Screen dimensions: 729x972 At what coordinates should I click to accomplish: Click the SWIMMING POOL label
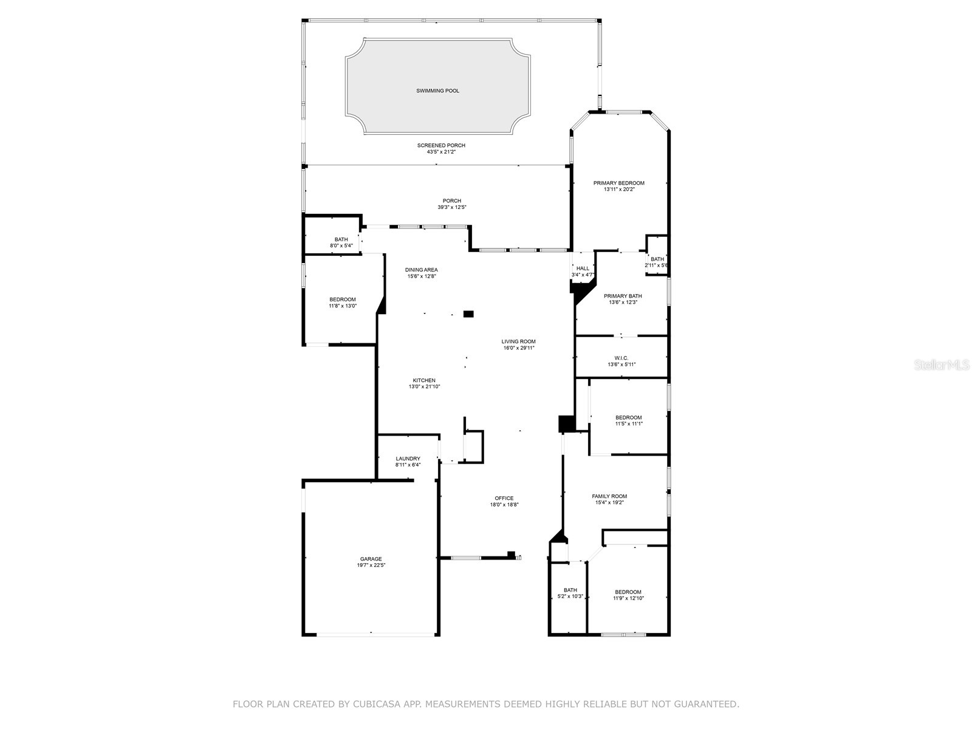pyautogui.click(x=437, y=91)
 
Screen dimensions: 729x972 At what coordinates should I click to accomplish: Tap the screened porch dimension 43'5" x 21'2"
pyautogui.click(x=441, y=152)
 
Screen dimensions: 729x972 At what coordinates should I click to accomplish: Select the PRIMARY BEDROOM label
pyautogui.click(x=618, y=183)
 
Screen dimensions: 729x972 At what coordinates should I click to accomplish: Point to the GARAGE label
pyautogui.click(x=371, y=559)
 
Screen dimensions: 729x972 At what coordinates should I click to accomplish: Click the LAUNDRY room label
pyautogui.click(x=408, y=459)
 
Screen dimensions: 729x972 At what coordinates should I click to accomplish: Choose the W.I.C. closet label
pyautogui.click(x=621, y=358)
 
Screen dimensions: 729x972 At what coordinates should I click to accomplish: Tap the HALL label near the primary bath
pyautogui.click(x=583, y=269)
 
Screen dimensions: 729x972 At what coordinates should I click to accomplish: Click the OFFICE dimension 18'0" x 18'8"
pyautogui.click(x=504, y=505)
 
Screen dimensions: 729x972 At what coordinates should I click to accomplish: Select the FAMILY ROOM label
pyautogui.click(x=609, y=496)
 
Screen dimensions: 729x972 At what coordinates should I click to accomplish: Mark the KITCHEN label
pyautogui.click(x=424, y=380)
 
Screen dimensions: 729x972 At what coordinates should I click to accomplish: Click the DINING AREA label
pyautogui.click(x=421, y=270)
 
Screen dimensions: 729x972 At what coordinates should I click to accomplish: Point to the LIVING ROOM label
pyautogui.click(x=518, y=341)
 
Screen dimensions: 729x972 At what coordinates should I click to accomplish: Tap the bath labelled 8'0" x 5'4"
pyautogui.click(x=341, y=242)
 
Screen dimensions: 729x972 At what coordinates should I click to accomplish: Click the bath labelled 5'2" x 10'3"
pyautogui.click(x=570, y=593)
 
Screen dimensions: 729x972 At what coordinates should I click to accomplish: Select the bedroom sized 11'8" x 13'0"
pyautogui.click(x=343, y=303)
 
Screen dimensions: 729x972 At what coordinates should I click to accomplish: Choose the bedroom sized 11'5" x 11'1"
pyautogui.click(x=628, y=420)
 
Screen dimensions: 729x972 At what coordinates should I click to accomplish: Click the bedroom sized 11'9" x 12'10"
pyautogui.click(x=628, y=595)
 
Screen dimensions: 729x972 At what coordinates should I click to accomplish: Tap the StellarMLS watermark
pyautogui.click(x=942, y=364)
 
